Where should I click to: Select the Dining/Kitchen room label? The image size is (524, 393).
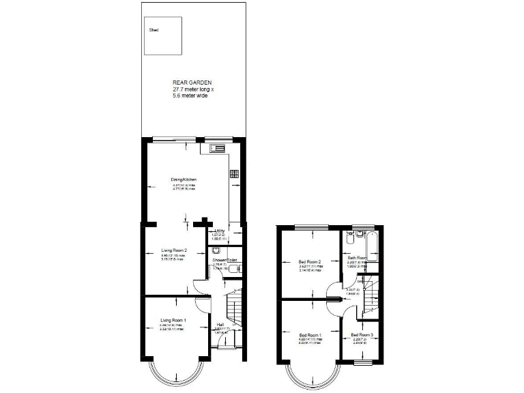tap(184, 179)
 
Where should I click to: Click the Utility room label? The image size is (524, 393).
tap(220, 231)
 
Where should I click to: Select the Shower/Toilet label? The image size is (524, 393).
tap(224, 261)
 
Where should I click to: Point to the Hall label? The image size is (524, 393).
tap(220, 324)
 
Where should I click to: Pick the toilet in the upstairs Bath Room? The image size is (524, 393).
tap(349, 239)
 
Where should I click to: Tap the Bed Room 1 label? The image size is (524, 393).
tap(310, 335)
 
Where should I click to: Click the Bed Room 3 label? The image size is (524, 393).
tap(362, 335)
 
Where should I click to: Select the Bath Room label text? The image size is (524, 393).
tap(357, 258)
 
